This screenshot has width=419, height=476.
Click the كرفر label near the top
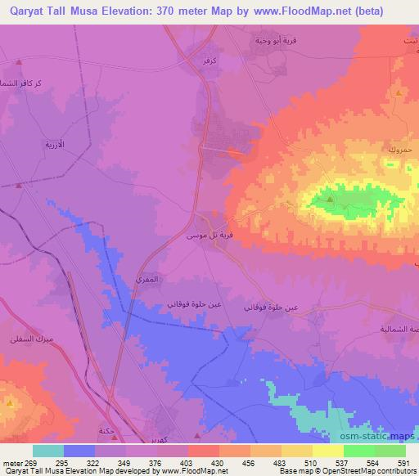tap(207, 60)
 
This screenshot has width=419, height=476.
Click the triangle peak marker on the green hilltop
tap(329, 198)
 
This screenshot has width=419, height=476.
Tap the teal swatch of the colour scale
tap(47, 451)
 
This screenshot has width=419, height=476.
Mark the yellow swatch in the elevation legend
tap(327, 451)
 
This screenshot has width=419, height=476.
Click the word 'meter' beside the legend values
tap(11, 463)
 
